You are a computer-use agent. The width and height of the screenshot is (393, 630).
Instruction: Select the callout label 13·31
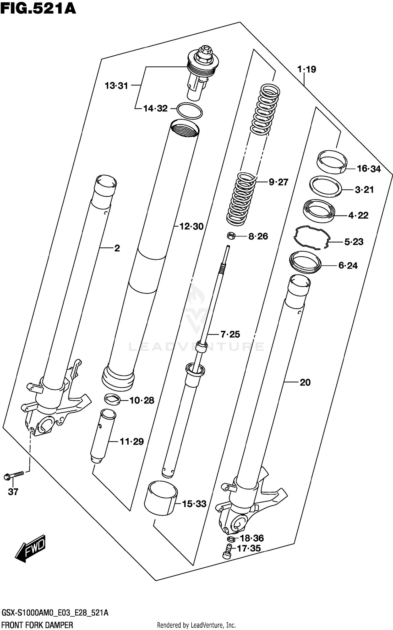[x=116, y=86]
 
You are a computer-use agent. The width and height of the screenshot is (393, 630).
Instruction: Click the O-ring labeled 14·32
[x=189, y=111]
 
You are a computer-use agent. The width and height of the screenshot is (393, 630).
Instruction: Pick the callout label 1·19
[x=307, y=69]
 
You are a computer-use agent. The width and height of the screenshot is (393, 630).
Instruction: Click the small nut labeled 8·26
[x=231, y=236]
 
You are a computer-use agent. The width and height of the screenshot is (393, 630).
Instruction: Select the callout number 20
[x=305, y=383]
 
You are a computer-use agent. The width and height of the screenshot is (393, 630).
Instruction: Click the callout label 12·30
[x=191, y=227]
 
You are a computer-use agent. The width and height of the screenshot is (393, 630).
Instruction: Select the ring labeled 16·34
[x=332, y=161]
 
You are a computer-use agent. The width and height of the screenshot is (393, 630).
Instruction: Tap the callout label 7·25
[x=230, y=334]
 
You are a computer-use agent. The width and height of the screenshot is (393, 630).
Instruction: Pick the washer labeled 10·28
[x=112, y=400]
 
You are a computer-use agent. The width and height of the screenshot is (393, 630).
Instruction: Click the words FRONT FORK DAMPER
[x=37, y=625]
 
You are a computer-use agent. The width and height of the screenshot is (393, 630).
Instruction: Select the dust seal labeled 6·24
[x=305, y=262]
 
